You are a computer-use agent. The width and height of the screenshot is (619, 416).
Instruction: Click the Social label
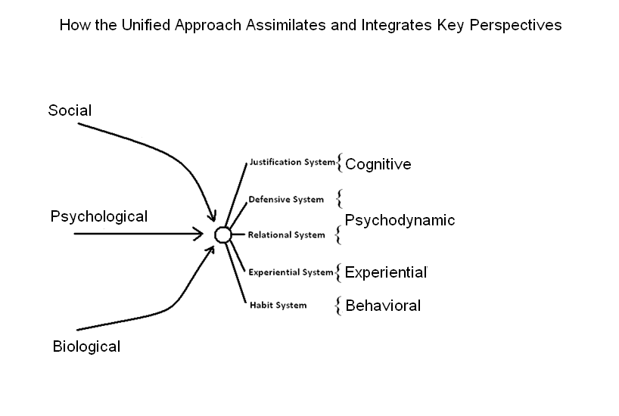[x=70, y=110]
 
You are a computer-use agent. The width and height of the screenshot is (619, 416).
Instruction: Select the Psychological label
[x=98, y=217]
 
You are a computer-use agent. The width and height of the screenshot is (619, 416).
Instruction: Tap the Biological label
[x=86, y=347]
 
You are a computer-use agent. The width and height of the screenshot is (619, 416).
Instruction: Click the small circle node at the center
[x=222, y=234]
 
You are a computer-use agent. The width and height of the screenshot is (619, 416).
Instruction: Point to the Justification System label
[x=291, y=162]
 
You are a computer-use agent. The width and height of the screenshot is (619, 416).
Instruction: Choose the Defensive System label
[x=286, y=200]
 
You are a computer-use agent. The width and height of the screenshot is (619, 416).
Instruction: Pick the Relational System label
[x=287, y=234]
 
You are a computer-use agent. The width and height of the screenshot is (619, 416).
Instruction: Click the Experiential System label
[x=291, y=272]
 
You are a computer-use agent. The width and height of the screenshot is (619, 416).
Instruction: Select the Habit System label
[x=278, y=306]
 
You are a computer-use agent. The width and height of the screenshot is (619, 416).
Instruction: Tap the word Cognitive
[x=378, y=164]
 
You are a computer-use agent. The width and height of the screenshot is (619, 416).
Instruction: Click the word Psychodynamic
[x=400, y=220]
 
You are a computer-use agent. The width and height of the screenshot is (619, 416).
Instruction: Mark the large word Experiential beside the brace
[x=385, y=272]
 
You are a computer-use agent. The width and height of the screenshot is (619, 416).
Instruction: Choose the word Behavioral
[x=383, y=306]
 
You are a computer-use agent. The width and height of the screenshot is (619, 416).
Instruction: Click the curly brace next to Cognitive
[x=340, y=163]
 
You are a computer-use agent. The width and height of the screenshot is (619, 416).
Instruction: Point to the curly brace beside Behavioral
[x=337, y=306]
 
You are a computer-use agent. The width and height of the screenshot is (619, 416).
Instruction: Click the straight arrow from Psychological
[x=136, y=234]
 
